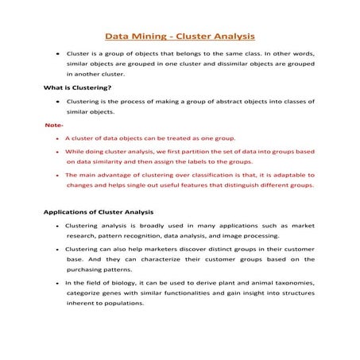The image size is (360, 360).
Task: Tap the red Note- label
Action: pyautogui.click(x=53, y=126)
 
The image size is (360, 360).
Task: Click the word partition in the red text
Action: pyautogui.click(x=215, y=150)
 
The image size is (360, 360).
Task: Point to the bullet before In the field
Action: pyautogui.click(x=58, y=283)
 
